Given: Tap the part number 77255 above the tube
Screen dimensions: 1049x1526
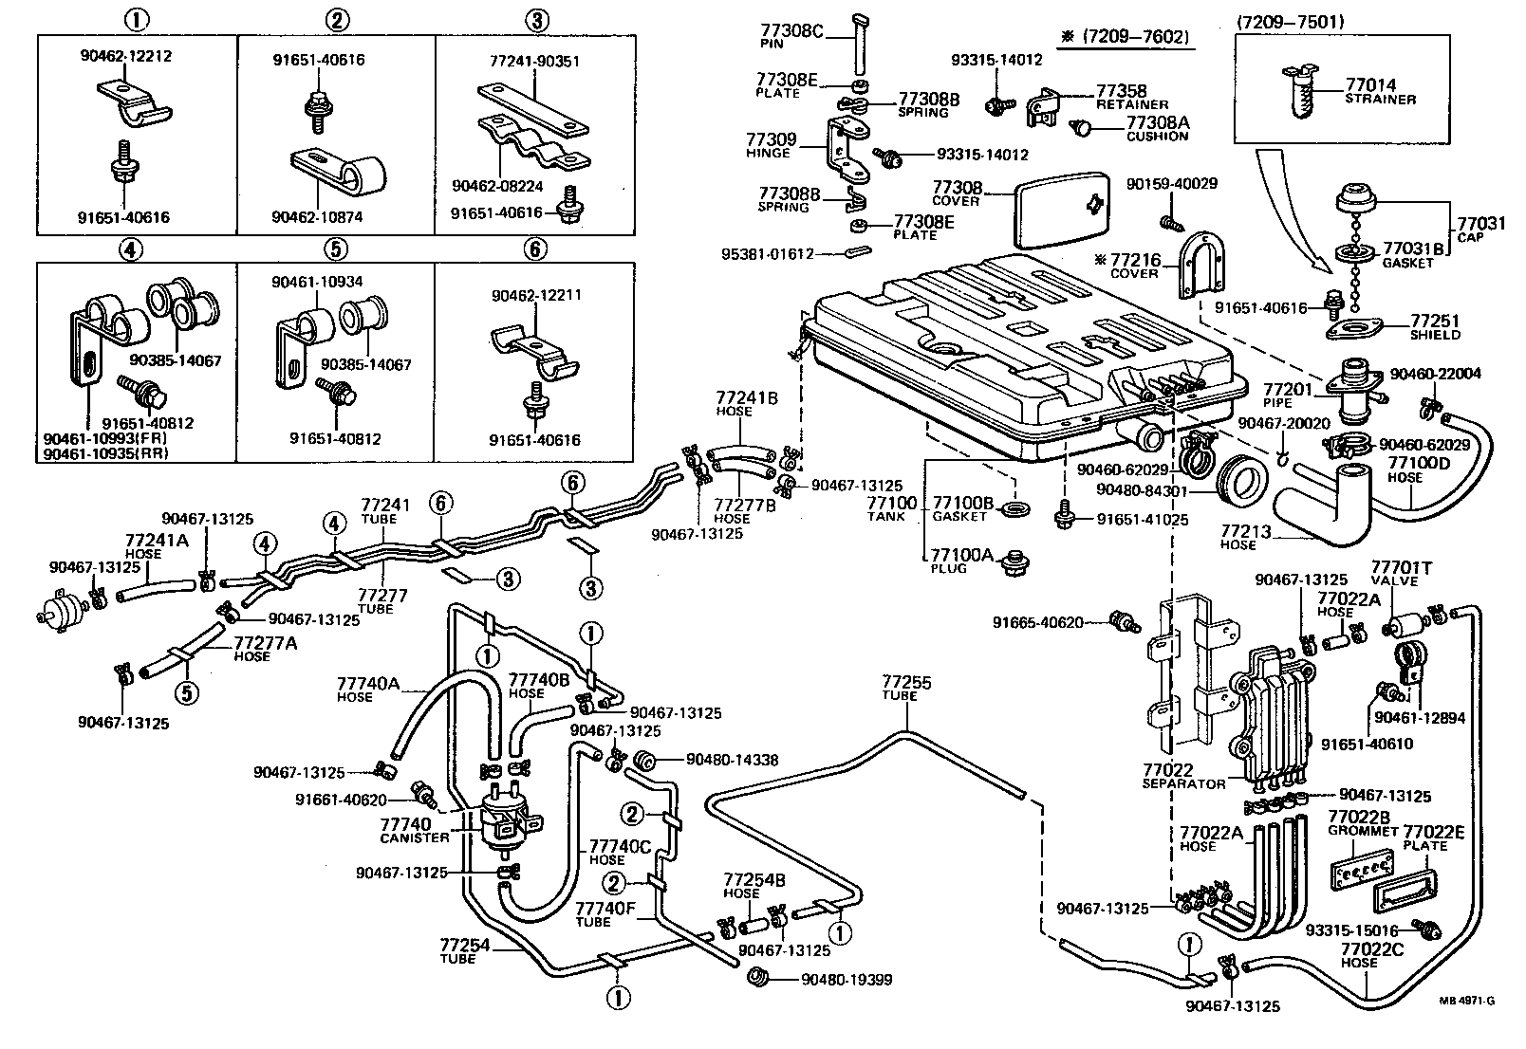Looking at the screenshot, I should [x=906, y=682].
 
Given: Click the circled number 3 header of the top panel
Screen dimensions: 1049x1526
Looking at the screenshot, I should [x=536, y=20].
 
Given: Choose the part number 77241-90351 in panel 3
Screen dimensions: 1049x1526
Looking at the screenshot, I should [x=534, y=62].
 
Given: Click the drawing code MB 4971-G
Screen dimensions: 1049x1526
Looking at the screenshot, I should [x=1466, y=1000].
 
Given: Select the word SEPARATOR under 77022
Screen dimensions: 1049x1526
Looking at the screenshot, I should [x=1183, y=783].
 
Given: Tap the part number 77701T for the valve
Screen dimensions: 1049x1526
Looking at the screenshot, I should [x=1401, y=568].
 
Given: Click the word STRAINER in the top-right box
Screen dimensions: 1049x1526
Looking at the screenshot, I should [x=1380, y=99].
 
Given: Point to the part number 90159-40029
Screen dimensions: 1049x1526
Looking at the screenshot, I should [x=1171, y=183].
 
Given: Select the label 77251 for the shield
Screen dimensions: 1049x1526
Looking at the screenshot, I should [x=1434, y=322].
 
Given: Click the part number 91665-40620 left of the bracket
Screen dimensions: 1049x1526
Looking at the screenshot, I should [x=1037, y=622].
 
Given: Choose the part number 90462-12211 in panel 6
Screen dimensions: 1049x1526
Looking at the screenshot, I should [x=535, y=295].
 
